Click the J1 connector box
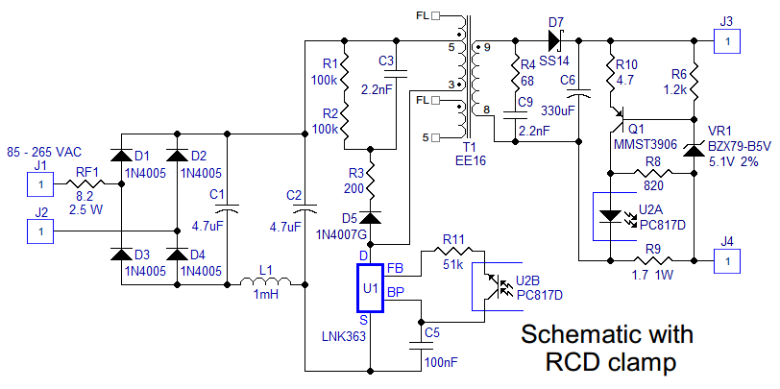click(40, 182)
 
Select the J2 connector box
click(40, 230)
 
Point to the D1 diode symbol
click(122, 156)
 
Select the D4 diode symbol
click(176, 255)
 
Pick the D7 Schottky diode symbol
click(554, 40)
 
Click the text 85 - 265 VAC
click(44, 151)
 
